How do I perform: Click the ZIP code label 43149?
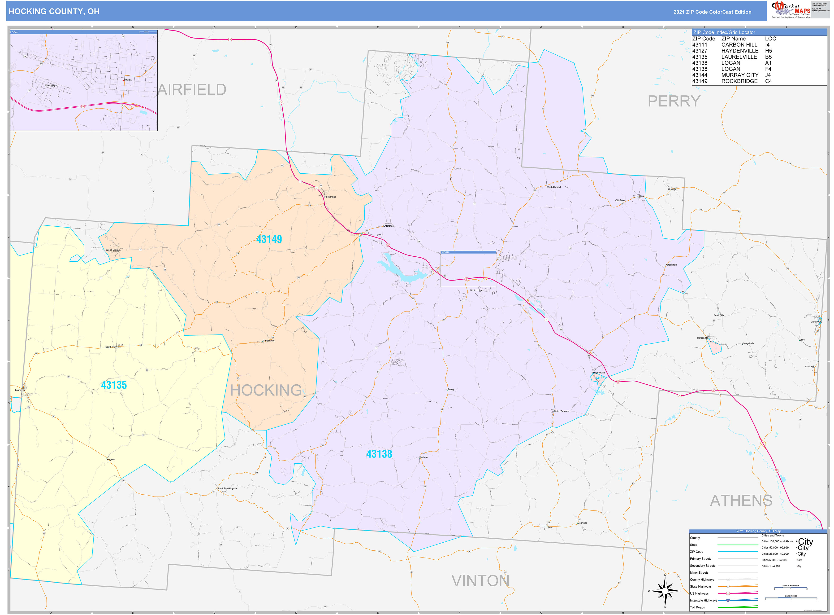pyautogui.click(x=269, y=239)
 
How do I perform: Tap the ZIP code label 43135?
pyautogui.click(x=114, y=385)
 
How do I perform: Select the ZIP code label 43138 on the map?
pyautogui.click(x=379, y=454)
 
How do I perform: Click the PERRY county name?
pyautogui.click(x=674, y=101)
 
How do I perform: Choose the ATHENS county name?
pyautogui.click(x=741, y=501)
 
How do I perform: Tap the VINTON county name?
pyautogui.click(x=480, y=581)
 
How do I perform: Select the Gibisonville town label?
pyautogui.click(x=268, y=341)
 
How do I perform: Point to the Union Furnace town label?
pyautogui.click(x=562, y=411)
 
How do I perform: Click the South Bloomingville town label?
pyautogui.click(x=227, y=488)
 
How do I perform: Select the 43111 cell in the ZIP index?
pyautogui.click(x=700, y=45)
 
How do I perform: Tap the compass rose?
pyautogui.click(x=665, y=591)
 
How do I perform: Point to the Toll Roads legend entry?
pyautogui.click(x=697, y=607)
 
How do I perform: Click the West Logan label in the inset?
pyautogui.click(x=51, y=86)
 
